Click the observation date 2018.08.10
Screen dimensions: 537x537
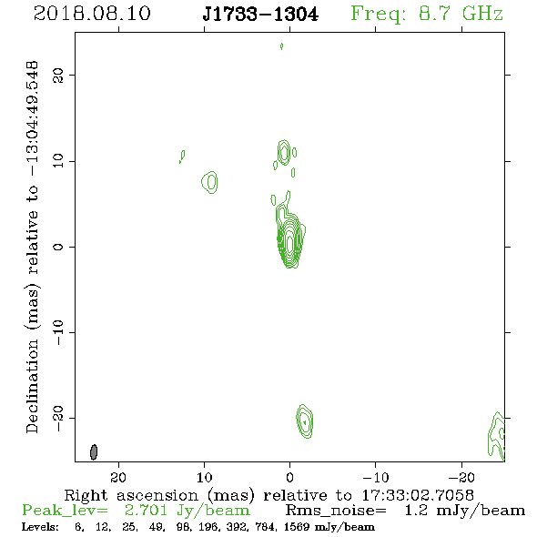tap(92, 14)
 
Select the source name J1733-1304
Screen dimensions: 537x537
tap(260, 15)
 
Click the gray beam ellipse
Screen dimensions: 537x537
tap(94, 451)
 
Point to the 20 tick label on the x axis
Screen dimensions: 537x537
tap(118, 477)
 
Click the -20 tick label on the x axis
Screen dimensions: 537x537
tap(461, 477)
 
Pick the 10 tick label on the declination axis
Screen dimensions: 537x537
tap(58, 161)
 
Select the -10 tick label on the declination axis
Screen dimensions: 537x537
tap(58, 332)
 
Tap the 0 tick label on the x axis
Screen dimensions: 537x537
tap(289, 477)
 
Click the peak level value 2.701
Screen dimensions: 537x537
tap(146, 511)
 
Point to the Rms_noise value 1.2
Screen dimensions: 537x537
tap(416, 511)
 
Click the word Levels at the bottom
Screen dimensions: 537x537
tap(40, 527)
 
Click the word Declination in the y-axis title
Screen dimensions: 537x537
tap(32, 386)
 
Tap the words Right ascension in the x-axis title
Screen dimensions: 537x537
tap(131, 495)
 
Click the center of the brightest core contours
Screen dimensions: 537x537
tap(289, 243)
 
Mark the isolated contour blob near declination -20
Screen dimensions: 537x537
tap(305, 421)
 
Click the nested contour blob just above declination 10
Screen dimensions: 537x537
tap(284, 152)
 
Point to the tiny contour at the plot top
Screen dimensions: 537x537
tap(281, 46)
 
